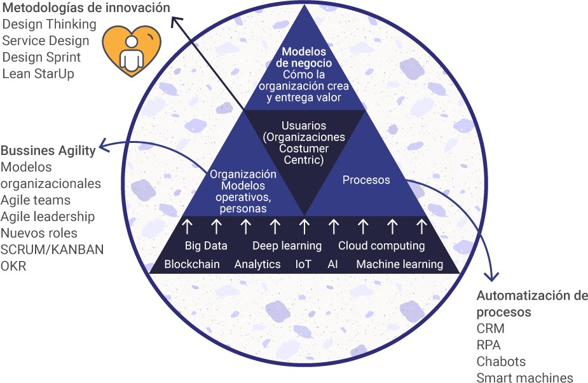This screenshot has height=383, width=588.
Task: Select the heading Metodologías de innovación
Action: click(86, 8)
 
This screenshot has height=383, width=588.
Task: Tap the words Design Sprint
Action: click(41, 57)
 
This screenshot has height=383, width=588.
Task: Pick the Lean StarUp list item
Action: click(38, 74)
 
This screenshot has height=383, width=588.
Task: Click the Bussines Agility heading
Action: click(48, 151)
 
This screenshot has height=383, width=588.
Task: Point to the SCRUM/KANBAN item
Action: click(52, 249)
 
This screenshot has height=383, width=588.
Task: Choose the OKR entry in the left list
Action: click(13, 265)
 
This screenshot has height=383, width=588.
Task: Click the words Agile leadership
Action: click(48, 217)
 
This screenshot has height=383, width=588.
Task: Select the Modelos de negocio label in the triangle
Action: click(304, 57)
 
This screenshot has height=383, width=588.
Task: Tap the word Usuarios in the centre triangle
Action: click(304, 126)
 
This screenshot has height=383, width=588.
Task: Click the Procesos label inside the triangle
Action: click(366, 180)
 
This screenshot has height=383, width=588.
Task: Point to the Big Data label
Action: click(206, 246)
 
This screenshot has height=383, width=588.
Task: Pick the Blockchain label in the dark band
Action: click(192, 264)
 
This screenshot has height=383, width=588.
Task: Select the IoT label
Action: click(304, 264)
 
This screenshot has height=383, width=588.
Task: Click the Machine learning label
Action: click(399, 264)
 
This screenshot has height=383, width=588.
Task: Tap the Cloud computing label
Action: click(381, 246)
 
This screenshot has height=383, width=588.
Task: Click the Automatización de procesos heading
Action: click(532, 304)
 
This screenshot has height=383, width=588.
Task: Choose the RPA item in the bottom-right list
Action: click(488, 345)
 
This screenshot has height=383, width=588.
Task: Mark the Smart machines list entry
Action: click(524, 378)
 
